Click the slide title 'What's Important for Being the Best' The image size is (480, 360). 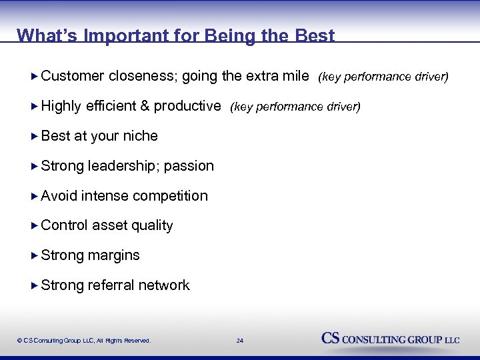[x=175, y=35]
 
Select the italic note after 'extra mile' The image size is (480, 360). [x=383, y=77]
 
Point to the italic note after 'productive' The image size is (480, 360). [x=295, y=107]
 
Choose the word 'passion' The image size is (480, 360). [x=189, y=166]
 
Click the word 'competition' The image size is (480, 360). [x=170, y=196]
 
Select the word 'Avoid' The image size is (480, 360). [x=59, y=196]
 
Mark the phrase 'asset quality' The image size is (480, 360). [x=132, y=226]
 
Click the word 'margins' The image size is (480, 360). [x=113, y=255]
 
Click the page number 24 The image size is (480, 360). [x=240, y=341]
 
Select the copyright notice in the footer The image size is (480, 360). [x=84, y=341]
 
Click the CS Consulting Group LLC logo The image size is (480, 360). [x=390, y=339]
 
